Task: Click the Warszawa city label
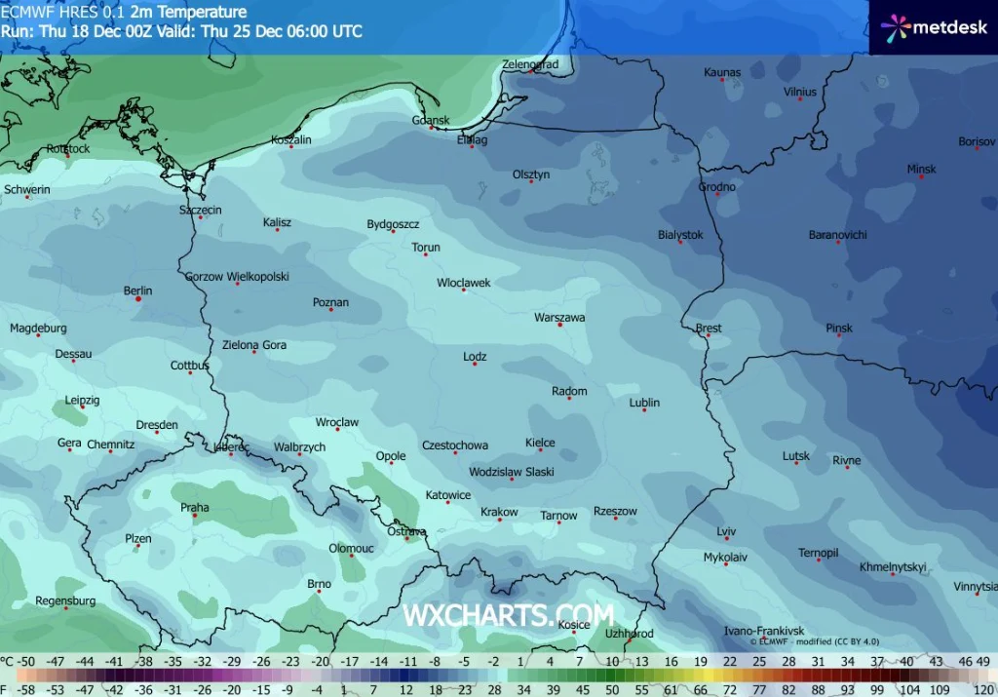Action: (559, 318)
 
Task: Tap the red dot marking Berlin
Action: (138, 299)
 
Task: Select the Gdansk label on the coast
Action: (431, 121)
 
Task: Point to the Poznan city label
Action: (330, 302)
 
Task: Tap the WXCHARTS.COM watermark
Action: (508, 616)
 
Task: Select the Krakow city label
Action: (499, 513)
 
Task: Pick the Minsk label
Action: (921, 170)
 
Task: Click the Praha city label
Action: (195, 507)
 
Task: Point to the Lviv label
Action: (726, 531)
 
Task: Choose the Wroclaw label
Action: (337, 423)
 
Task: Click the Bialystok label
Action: (680, 235)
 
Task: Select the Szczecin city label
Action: (201, 211)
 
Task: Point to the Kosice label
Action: (574, 625)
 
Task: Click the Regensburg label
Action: (65, 601)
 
